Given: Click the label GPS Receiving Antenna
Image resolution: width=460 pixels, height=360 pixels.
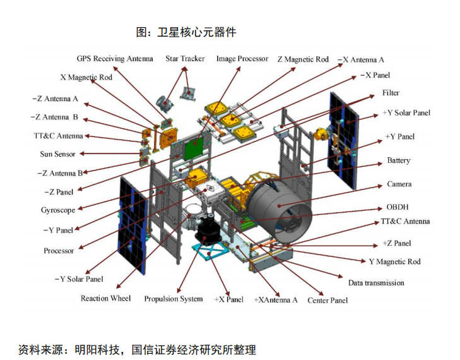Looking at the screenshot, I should tap(115, 59).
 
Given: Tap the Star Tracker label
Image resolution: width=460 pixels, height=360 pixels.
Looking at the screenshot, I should tap(185, 59).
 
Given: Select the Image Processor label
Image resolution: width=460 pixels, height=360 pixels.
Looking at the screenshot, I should tap(242, 59).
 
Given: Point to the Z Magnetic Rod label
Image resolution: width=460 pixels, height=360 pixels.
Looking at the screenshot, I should tap(303, 59).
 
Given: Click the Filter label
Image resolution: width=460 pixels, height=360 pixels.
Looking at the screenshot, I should tap(391, 93).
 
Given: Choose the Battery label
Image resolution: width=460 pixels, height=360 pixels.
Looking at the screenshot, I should tap(398, 161).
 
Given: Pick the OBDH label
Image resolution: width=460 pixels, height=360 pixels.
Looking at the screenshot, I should tap(398, 207).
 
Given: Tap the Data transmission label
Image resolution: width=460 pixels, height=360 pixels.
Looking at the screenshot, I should tap(376, 283).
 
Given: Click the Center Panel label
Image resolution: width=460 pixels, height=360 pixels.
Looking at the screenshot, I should tap(327, 300).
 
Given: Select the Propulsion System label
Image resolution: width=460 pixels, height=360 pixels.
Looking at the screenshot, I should tap(174, 299).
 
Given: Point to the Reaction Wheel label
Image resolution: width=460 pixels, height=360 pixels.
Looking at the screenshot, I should tap(105, 298).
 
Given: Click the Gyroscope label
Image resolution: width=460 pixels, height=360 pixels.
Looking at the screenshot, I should tap(58, 210).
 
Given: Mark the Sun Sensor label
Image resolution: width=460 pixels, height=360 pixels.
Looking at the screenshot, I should tap(58, 154).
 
